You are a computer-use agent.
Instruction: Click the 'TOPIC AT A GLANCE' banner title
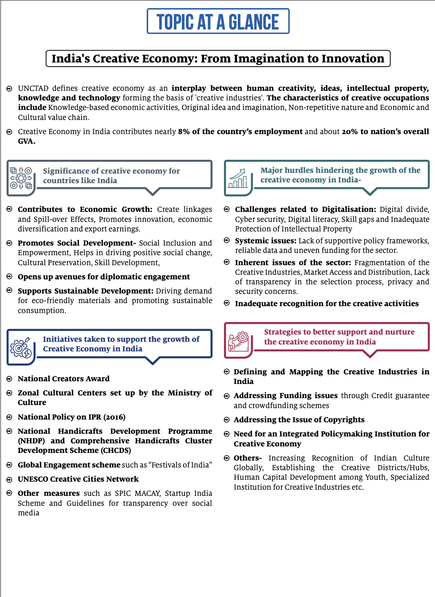pyautogui.click(x=218, y=22)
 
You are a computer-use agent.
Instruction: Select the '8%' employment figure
pyautogui.click(x=184, y=131)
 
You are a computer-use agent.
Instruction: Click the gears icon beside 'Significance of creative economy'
pyautogui.click(x=21, y=178)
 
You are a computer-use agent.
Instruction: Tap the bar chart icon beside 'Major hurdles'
pyautogui.click(x=238, y=179)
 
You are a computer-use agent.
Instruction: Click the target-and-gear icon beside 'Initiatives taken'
pyautogui.click(x=21, y=347)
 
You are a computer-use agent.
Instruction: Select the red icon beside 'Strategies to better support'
pyautogui.click(x=238, y=341)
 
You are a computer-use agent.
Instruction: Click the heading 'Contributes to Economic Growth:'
pyautogui.click(x=85, y=209)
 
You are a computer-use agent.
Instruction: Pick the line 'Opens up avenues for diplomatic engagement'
pyautogui.click(x=104, y=277)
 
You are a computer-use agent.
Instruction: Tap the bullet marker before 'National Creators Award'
pyautogui.click(x=10, y=379)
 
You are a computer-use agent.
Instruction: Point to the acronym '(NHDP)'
pyautogui.click(x=31, y=441)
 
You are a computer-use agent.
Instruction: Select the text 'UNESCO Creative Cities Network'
pyautogui.click(x=78, y=479)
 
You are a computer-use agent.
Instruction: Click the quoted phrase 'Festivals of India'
pyautogui.click(x=180, y=465)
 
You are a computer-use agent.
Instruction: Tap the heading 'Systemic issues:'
pyautogui.click(x=265, y=241)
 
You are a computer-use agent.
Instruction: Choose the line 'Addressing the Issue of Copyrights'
pyautogui.click(x=299, y=420)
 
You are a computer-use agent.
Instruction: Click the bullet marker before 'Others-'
pyautogui.click(x=227, y=458)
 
